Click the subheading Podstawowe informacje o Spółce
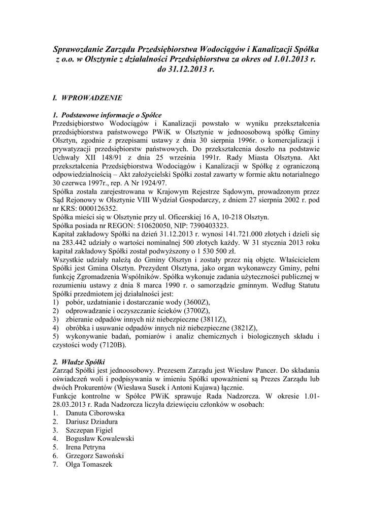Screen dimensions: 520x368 [x=110, y=115]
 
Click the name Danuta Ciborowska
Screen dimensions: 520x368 [x=95, y=413]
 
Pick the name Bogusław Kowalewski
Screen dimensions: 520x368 [x=99, y=439]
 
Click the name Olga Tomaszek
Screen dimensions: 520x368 [x=88, y=465]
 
